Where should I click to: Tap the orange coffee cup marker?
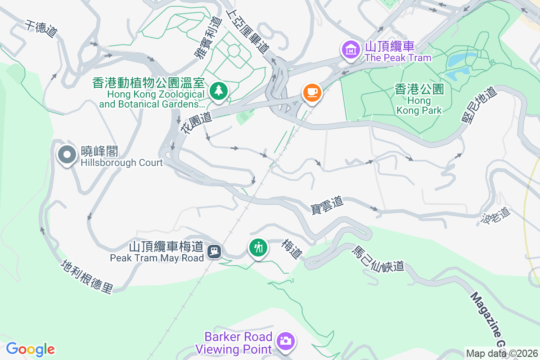[312, 92]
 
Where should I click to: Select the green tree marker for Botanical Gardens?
[219, 90]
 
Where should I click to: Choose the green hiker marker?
[258, 247]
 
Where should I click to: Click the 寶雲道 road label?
[327, 204]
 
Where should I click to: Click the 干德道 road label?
[41, 29]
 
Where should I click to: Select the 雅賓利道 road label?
[208, 38]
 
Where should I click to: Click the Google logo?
[31, 349]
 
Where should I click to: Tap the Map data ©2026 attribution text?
[502, 354]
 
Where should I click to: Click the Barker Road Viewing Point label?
[238, 342]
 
